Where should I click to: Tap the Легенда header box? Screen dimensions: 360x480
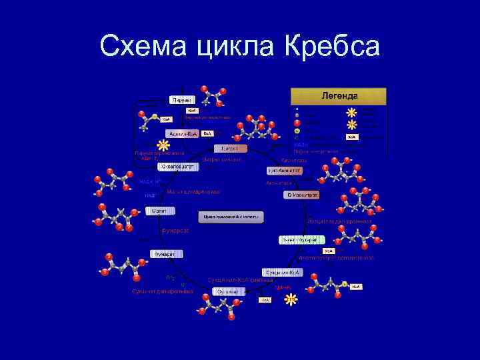pyautogui.click(x=337, y=96)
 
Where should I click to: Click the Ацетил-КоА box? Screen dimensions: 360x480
pyautogui.click(x=182, y=133)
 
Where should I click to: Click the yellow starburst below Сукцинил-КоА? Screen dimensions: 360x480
pyautogui.click(x=291, y=299)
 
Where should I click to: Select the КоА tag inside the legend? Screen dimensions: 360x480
pyautogui.click(x=352, y=137)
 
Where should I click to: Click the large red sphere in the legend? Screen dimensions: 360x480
pyautogui.click(x=297, y=123)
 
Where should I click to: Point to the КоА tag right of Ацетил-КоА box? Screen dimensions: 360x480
pyautogui.click(x=207, y=133)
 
